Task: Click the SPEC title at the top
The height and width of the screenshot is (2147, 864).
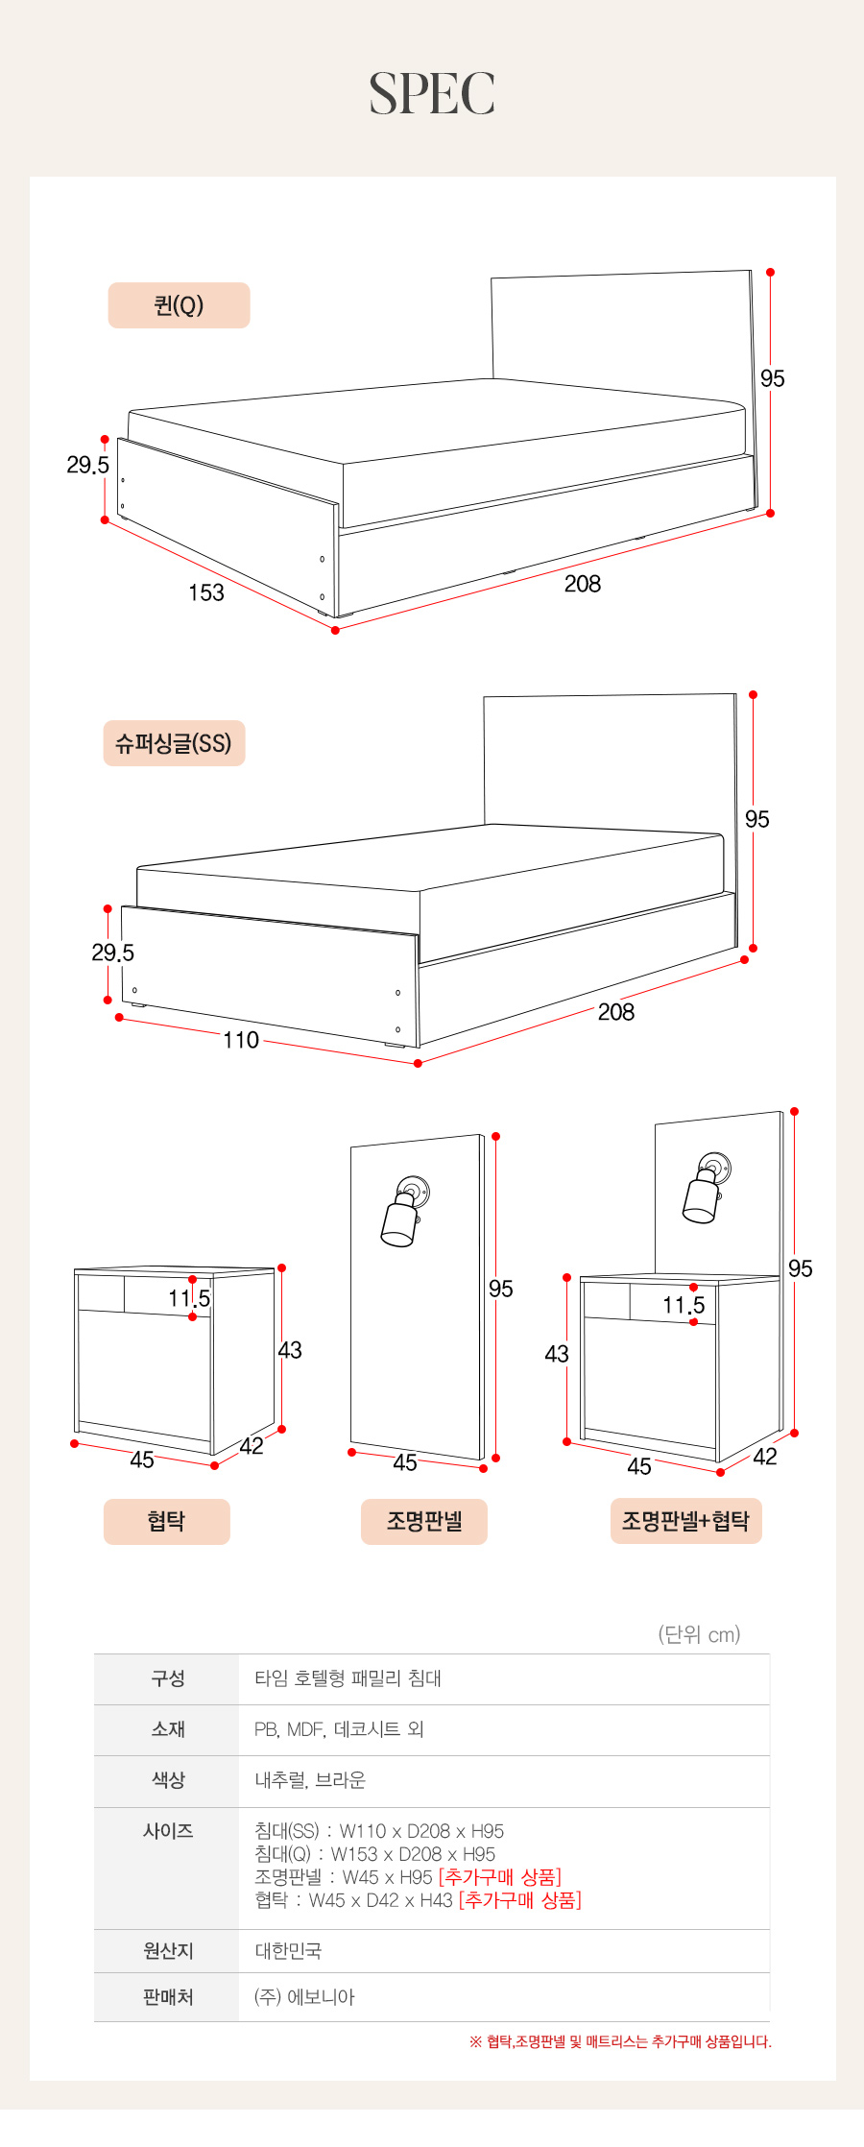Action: tap(432, 94)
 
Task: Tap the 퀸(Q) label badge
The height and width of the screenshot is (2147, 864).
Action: tap(179, 305)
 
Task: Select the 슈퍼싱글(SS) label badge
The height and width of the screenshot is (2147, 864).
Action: tap(174, 743)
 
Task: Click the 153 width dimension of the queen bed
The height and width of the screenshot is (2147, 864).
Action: tap(206, 592)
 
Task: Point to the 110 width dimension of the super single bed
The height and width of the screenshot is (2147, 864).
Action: tap(241, 1040)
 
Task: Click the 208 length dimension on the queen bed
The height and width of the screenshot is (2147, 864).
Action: tap(583, 584)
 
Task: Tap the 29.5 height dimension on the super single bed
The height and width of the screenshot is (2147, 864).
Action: tap(112, 953)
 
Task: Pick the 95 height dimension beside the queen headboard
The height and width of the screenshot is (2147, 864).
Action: tap(773, 378)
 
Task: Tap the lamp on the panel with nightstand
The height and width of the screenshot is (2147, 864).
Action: tap(707, 1188)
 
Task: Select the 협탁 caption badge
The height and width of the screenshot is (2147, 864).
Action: tap(167, 1521)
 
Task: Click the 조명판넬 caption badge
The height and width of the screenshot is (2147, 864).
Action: tap(424, 1521)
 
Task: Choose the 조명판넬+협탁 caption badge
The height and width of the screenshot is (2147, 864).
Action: tap(685, 1521)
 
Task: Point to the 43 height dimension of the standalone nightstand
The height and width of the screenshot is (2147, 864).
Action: tap(290, 1350)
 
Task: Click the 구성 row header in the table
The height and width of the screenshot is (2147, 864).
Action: tap(167, 1678)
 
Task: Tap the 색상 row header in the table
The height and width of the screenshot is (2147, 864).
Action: tap(167, 1780)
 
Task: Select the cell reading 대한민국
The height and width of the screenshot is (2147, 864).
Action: tap(288, 1951)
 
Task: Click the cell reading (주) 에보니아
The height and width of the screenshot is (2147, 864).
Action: tap(304, 1997)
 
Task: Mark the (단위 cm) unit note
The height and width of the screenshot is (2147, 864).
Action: tap(699, 1634)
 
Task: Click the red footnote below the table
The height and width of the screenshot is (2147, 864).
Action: tap(620, 2041)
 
